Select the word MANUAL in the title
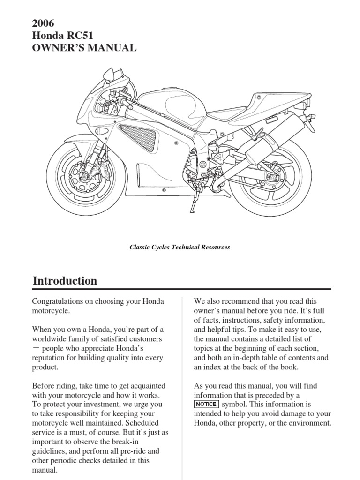point(114,47)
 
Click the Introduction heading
point(65,281)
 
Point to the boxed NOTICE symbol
point(206,404)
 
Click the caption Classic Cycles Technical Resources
point(180,247)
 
